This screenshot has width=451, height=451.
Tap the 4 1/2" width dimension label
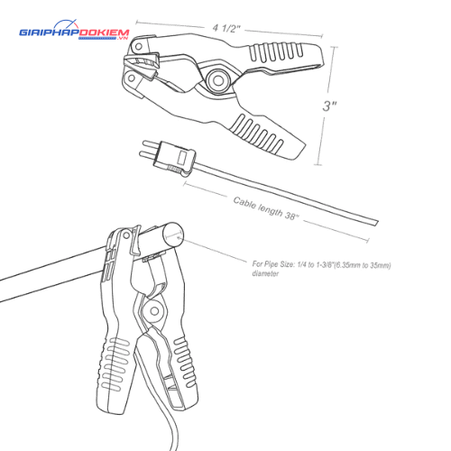[226, 28]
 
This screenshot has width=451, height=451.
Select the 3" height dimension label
[329, 106]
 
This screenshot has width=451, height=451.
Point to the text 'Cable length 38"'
[266, 208]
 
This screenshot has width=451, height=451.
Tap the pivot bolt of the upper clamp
[218, 80]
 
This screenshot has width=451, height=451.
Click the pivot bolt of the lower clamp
[154, 311]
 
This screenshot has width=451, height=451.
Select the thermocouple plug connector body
[174, 159]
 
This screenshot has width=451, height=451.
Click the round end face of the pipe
[173, 235]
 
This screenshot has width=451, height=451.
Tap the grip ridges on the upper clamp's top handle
[276, 51]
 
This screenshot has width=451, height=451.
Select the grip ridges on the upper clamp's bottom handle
[258, 133]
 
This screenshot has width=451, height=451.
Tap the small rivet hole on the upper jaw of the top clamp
[138, 47]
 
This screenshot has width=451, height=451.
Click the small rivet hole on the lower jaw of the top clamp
[132, 78]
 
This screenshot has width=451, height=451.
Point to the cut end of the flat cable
[376, 223]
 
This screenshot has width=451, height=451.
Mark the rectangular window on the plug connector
[182, 158]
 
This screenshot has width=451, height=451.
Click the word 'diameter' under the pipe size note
[265, 273]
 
